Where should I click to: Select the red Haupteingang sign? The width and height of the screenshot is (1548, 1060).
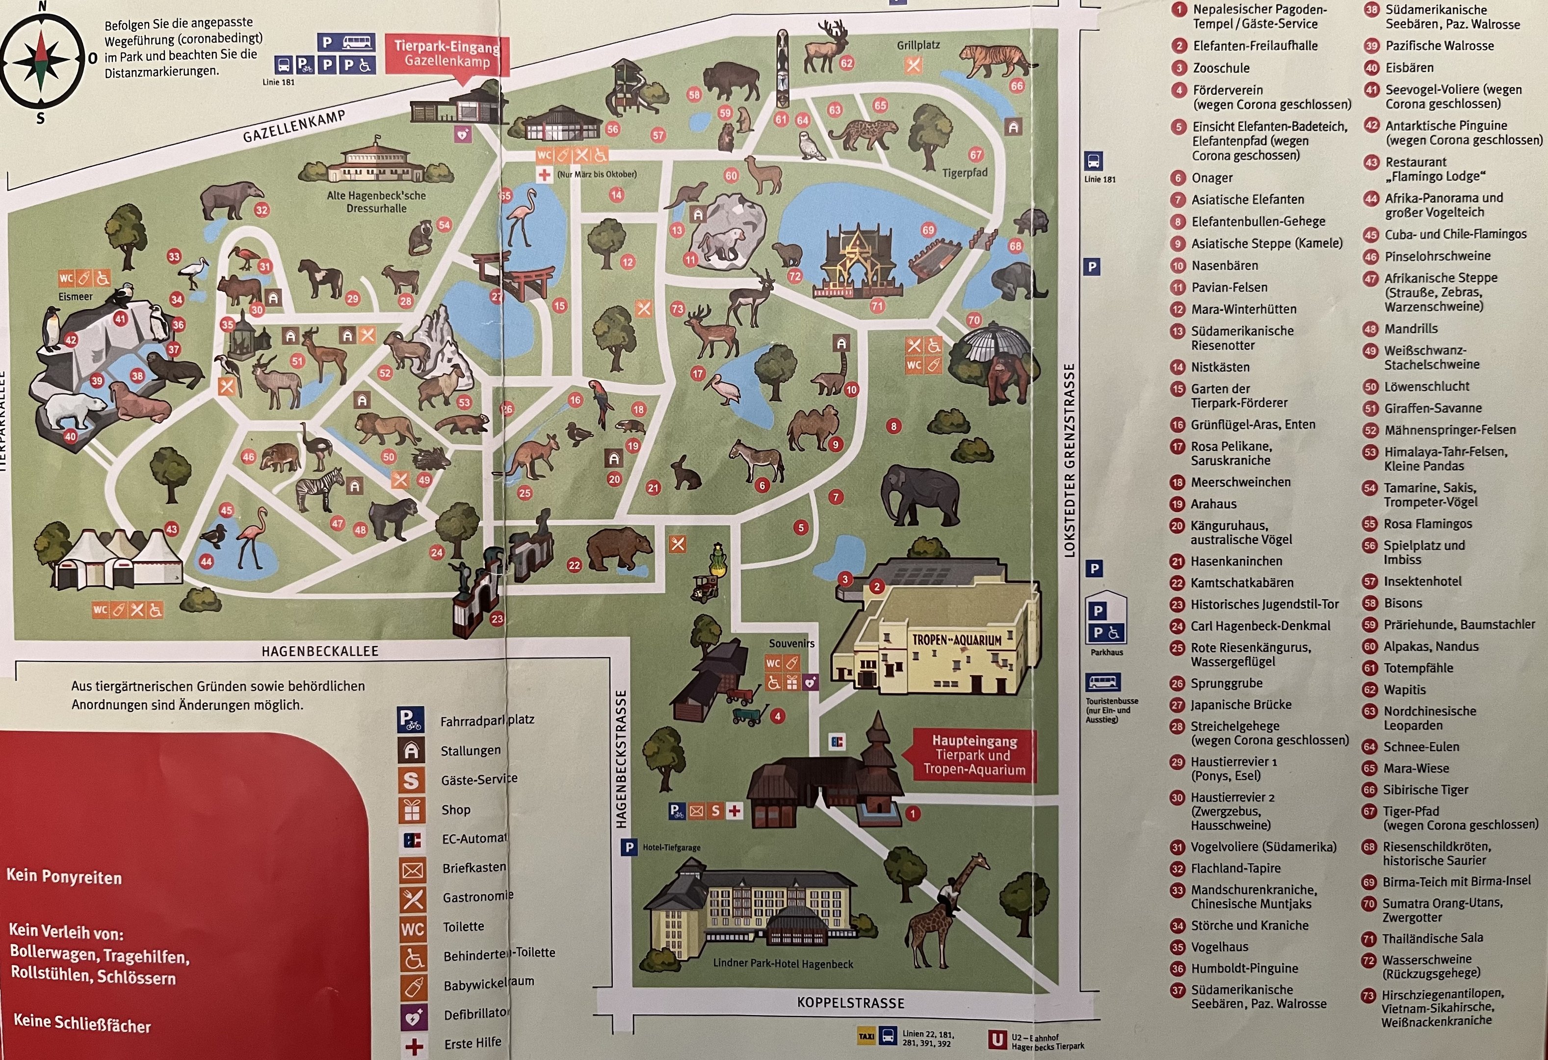[x=974, y=755]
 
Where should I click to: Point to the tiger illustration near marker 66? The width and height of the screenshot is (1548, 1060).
[x=996, y=59]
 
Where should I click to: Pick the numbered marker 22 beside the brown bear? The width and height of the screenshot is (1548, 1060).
[x=574, y=565]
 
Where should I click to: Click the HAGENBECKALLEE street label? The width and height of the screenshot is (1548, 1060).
[x=320, y=651]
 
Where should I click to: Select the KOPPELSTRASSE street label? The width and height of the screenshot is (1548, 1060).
[x=851, y=1003]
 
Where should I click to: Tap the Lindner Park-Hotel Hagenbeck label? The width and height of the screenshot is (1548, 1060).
[x=783, y=963]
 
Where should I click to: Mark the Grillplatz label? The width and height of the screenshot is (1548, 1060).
[x=918, y=45]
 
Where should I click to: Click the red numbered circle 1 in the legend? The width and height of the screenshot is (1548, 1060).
[x=1180, y=10]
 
